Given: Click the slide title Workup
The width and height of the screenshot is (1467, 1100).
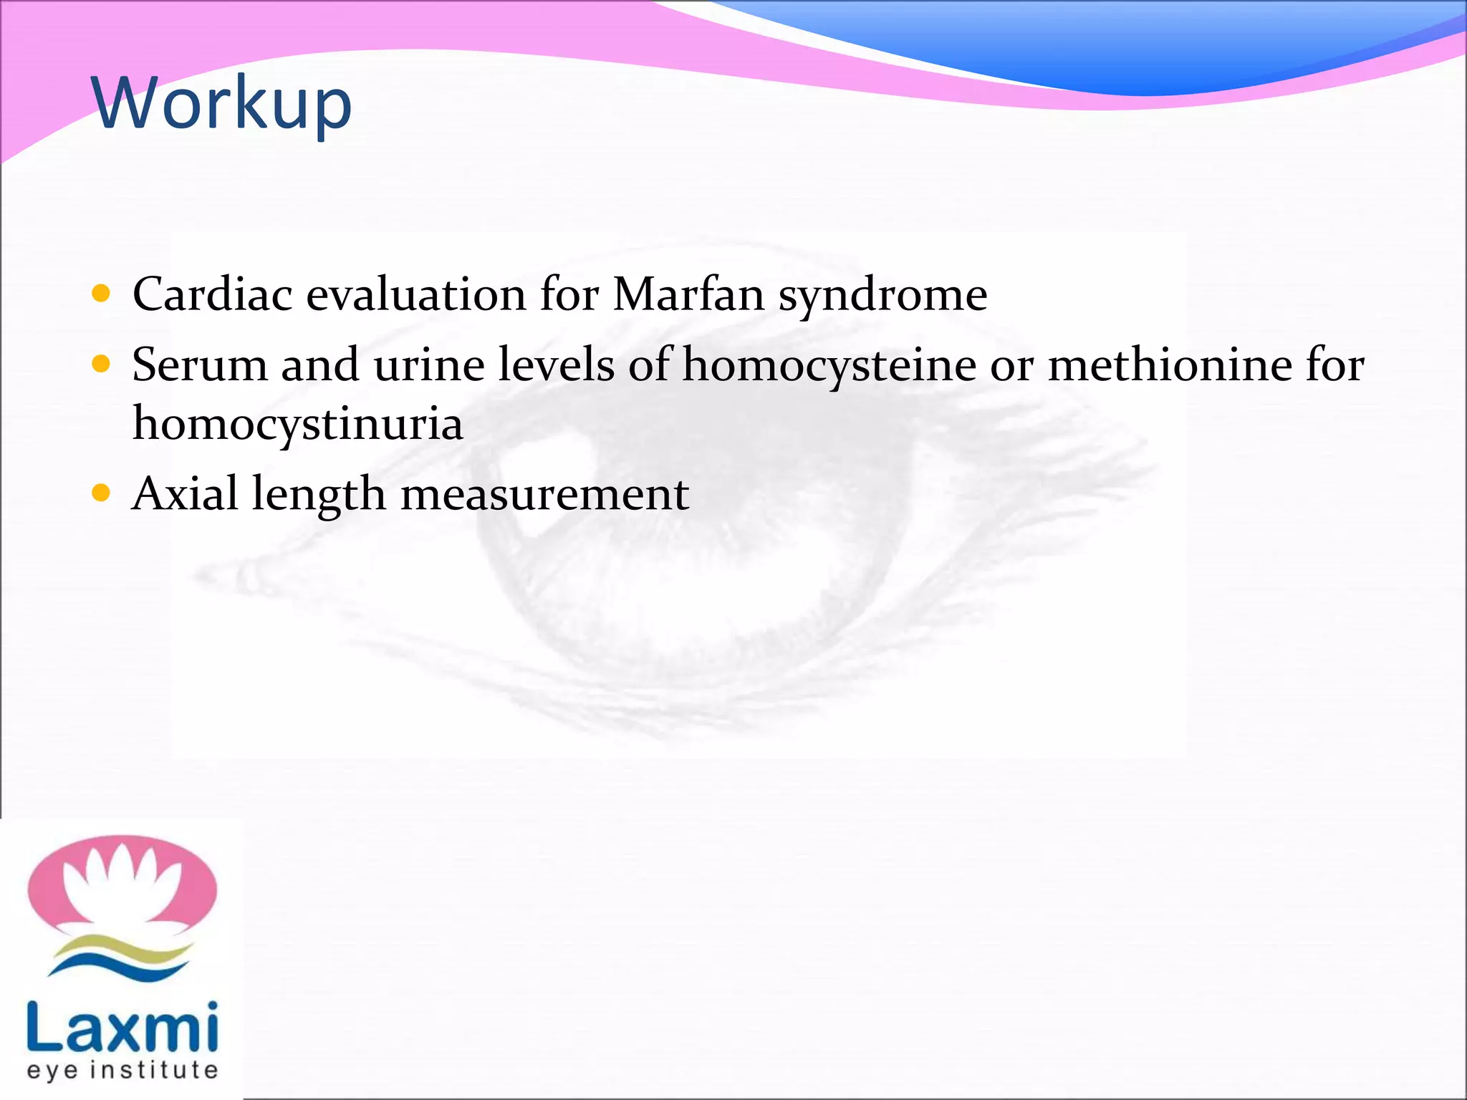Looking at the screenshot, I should [x=222, y=104].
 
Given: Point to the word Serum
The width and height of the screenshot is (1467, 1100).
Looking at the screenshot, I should [x=199, y=365].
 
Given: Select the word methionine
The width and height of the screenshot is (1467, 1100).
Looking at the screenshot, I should [x=1170, y=365].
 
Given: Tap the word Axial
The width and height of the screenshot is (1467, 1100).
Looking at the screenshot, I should [x=185, y=493].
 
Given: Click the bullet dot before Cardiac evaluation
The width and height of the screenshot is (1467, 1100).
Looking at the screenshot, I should [x=102, y=293].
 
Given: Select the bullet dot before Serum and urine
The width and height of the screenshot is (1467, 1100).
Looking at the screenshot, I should [x=102, y=364].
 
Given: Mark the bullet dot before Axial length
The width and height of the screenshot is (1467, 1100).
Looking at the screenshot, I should [x=102, y=493].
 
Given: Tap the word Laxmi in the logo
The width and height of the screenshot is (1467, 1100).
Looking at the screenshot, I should [x=122, y=1027].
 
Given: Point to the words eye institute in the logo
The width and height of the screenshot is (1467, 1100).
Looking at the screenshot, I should [x=122, y=1071].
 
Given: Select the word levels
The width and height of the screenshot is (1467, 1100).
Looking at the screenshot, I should [x=556, y=365].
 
